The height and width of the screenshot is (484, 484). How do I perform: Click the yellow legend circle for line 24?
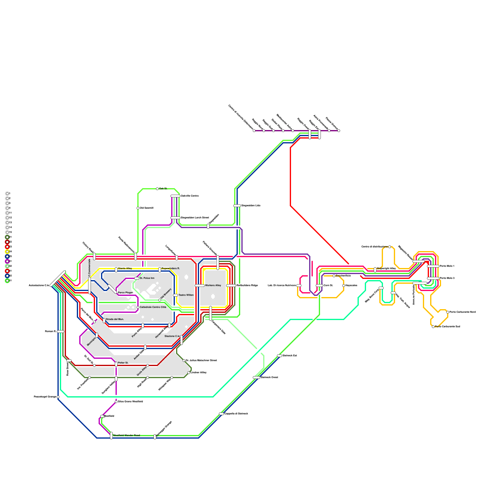(7, 252)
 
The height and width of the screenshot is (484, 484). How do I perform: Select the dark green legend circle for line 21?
(7, 237)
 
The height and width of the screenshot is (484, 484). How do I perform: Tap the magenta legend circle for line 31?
(7, 261)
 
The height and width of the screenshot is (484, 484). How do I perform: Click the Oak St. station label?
(163, 189)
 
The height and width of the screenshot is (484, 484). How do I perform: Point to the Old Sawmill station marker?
(138, 208)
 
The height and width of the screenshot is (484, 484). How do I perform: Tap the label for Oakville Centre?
(190, 196)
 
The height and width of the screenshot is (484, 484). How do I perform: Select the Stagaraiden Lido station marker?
(237, 206)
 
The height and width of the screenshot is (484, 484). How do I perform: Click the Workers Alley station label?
(213, 286)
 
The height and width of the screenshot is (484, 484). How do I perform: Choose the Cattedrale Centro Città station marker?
(138, 307)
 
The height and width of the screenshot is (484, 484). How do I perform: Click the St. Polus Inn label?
(147, 278)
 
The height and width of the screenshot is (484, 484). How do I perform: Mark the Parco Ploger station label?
(125, 293)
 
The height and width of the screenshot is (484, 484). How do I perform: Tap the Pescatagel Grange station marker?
(58, 397)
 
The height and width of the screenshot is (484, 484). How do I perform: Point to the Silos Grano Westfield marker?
(116, 402)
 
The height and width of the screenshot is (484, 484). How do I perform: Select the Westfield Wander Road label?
(126, 436)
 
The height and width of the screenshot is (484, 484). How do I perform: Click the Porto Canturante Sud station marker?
(433, 327)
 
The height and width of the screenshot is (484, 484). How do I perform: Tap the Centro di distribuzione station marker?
(390, 247)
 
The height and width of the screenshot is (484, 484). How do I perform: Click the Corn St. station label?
(328, 286)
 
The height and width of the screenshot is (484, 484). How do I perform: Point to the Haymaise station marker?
(344, 286)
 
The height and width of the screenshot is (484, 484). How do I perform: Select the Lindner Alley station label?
(198, 373)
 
